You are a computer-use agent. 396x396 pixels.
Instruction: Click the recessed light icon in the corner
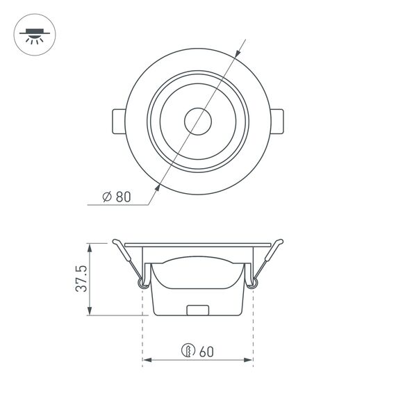coord(33,34)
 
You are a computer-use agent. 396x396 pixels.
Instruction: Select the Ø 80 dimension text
coord(116,197)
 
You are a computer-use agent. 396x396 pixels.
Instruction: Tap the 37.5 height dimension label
coord(81,279)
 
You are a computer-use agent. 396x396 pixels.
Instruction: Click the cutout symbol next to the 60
coord(187,350)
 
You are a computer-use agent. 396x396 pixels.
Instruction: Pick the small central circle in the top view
coord(197,122)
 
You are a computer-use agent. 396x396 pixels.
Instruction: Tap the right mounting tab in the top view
coord(277,122)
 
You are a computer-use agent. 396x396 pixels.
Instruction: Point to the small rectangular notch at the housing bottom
coord(198,310)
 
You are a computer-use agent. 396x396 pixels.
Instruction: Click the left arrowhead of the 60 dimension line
coord(147,361)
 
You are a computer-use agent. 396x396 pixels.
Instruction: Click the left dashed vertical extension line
coord(142,327)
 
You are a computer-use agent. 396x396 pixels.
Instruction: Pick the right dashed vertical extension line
coord(253,327)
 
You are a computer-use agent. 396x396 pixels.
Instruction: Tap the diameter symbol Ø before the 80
coord(107,197)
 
